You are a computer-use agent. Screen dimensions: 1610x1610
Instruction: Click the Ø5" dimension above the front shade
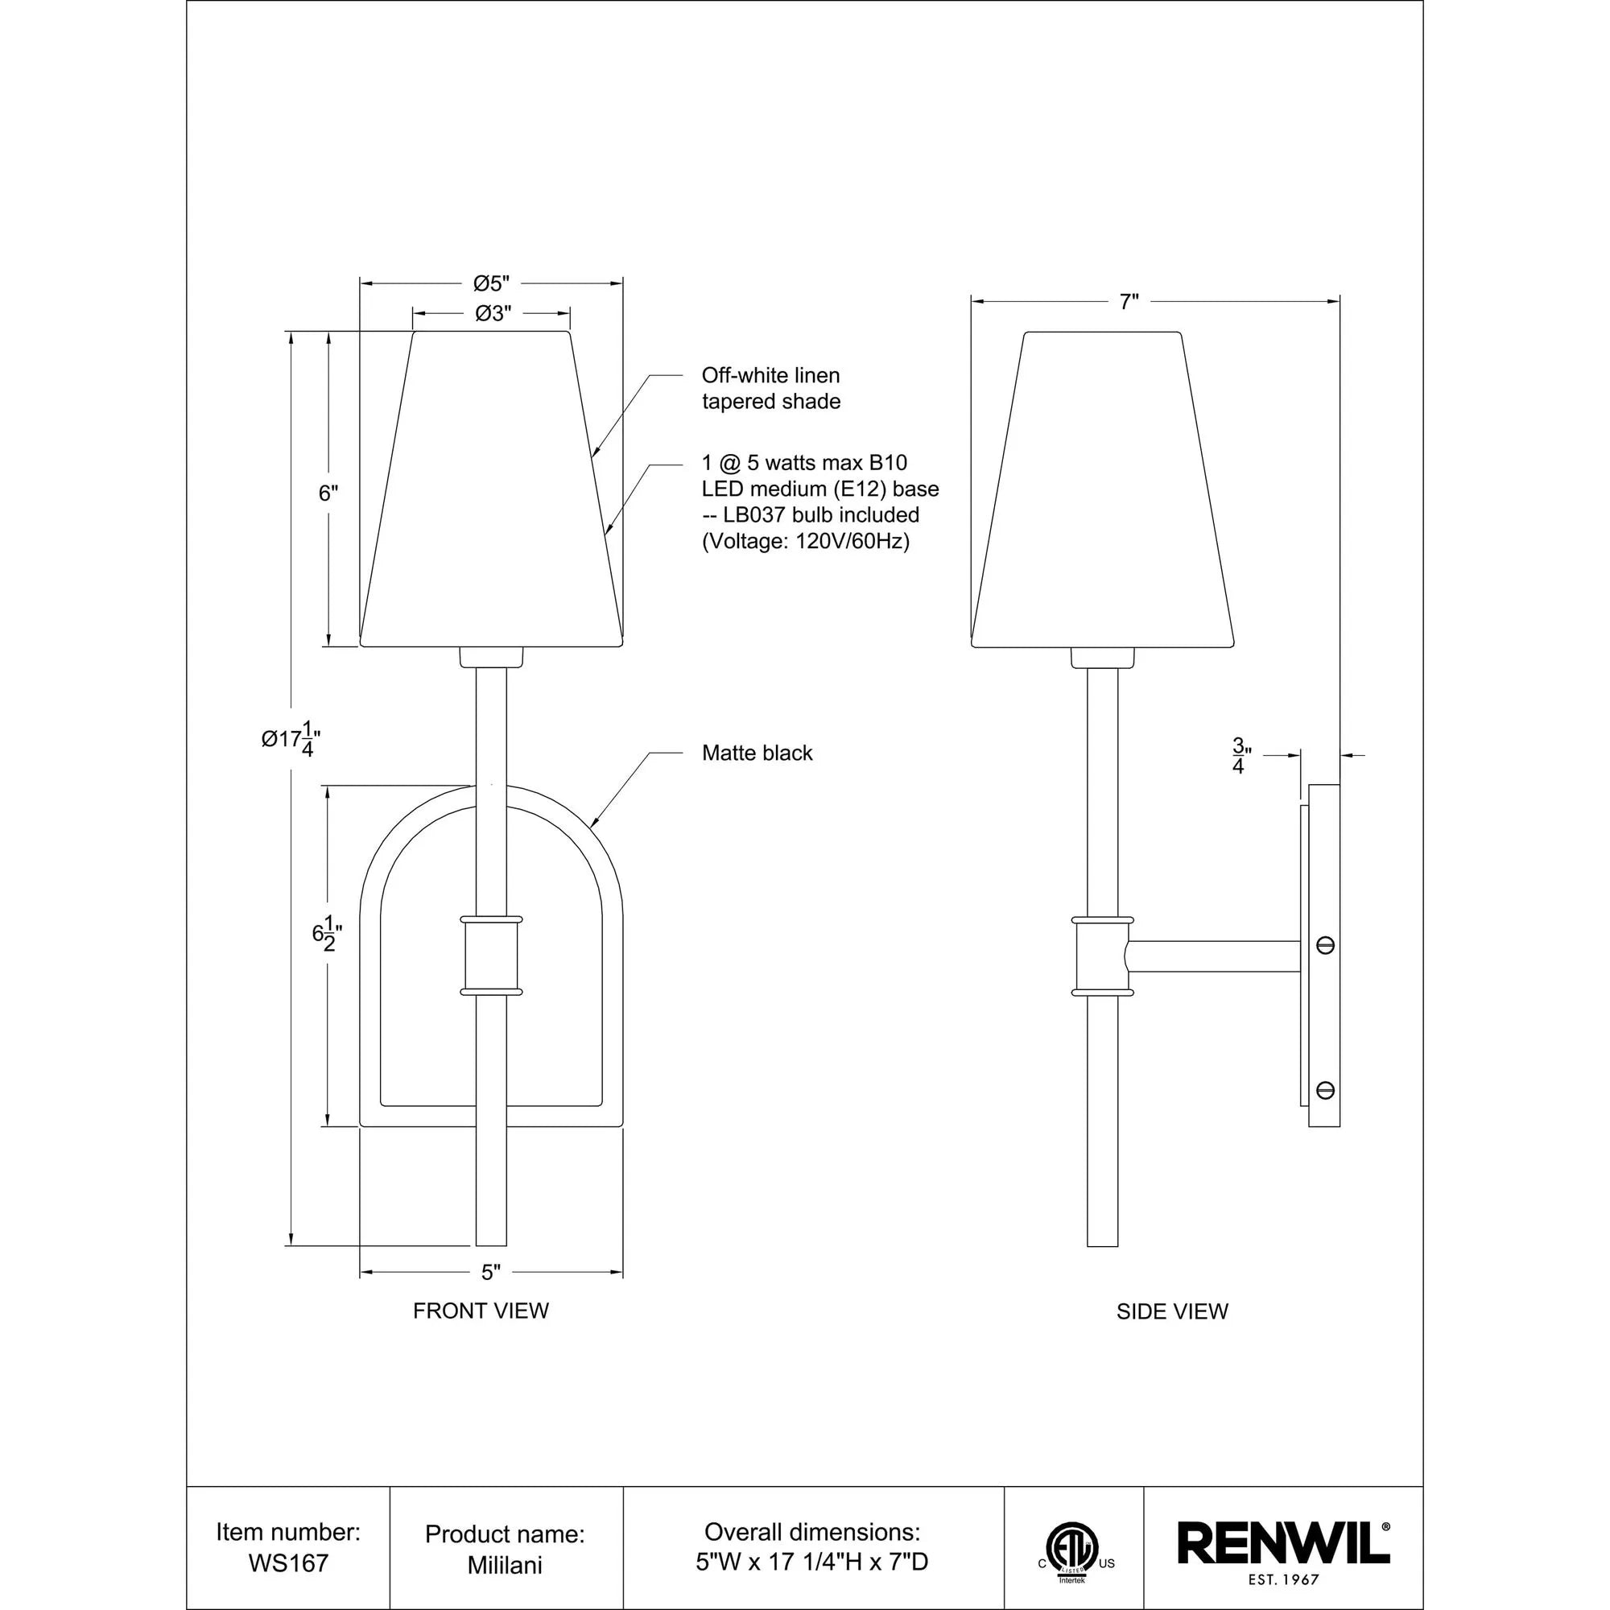(x=491, y=283)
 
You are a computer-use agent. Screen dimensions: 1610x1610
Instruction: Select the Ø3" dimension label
(x=492, y=313)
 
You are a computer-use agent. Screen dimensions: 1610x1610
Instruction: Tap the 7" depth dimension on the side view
(x=1129, y=302)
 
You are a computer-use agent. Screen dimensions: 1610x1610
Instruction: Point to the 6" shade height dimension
(x=328, y=493)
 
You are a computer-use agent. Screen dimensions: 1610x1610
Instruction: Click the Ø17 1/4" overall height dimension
(x=291, y=739)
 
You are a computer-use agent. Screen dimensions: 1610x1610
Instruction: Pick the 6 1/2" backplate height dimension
(x=327, y=933)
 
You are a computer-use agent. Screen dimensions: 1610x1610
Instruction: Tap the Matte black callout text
(x=757, y=753)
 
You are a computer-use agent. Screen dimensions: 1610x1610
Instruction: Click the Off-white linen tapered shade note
(x=771, y=388)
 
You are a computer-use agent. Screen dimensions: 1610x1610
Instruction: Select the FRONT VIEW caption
(x=481, y=1311)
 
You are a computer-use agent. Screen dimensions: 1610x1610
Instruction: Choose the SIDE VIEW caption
(x=1171, y=1311)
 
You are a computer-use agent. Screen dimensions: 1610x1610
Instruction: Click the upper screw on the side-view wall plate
(x=1324, y=945)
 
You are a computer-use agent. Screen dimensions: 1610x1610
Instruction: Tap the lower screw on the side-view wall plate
(x=1324, y=1090)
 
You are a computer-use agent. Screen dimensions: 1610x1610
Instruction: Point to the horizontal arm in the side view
(x=1213, y=956)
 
